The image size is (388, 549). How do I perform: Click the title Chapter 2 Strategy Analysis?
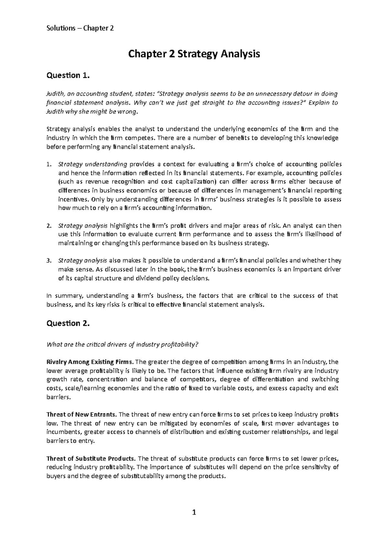pyautogui.click(x=194, y=54)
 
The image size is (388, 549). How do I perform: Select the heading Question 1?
pyautogui.click(x=67, y=75)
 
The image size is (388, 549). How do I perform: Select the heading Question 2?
pyautogui.click(x=67, y=323)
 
